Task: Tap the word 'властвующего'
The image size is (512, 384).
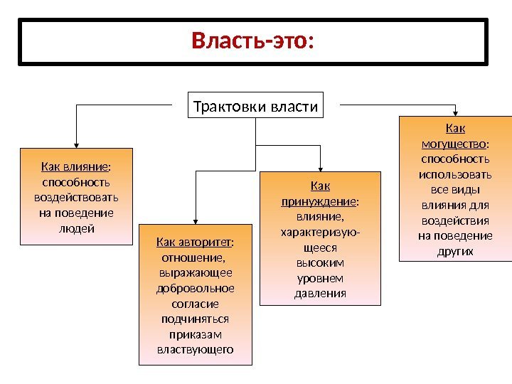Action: coord(195,349)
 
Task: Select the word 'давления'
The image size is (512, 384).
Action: coord(320,293)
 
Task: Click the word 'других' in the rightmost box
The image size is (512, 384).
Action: coord(456,251)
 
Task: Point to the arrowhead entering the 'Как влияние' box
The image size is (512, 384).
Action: coord(76,144)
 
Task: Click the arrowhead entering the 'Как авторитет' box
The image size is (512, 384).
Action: coord(195,220)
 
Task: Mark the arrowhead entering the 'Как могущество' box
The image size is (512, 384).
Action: coord(455,112)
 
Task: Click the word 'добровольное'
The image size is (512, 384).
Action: coord(195,288)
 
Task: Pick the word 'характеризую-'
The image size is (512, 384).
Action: coord(320,232)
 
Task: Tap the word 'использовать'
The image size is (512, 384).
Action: coord(455,174)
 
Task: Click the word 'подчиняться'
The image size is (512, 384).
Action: coord(195,319)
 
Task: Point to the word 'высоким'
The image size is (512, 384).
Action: coord(320,262)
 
